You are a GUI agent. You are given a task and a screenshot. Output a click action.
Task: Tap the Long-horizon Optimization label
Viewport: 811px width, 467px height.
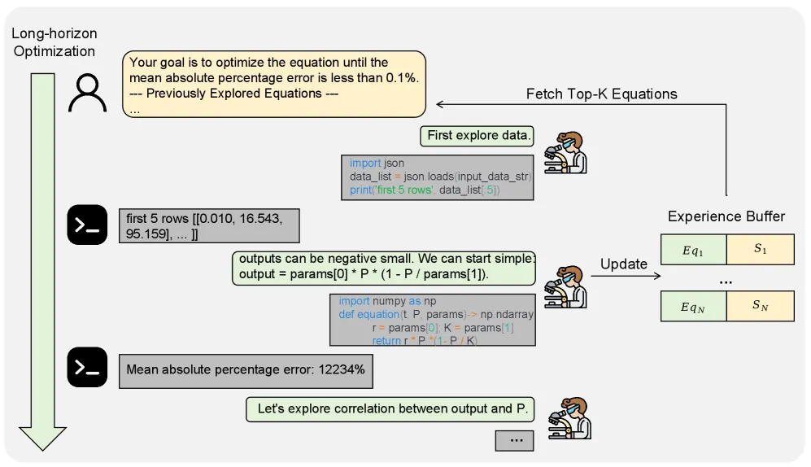(54, 43)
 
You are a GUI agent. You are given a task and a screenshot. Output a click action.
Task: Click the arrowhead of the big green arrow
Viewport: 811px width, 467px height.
(42, 437)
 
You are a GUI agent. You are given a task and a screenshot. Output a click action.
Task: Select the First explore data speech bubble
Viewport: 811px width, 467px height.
(477, 136)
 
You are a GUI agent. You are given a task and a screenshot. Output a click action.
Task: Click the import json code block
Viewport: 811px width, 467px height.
(438, 177)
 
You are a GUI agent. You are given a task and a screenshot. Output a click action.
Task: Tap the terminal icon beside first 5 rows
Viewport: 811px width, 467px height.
(87, 225)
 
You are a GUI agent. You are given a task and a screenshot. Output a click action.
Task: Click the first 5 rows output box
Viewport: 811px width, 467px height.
(208, 225)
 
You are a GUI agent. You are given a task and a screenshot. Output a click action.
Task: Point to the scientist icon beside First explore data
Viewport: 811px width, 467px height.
(564, 151)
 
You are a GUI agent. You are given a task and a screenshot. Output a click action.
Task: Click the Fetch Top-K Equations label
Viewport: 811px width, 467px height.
(601, 94)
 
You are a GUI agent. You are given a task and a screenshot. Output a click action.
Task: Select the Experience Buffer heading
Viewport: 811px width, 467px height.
(726, 216)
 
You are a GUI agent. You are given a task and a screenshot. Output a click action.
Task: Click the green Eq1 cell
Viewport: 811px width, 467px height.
(693, 250)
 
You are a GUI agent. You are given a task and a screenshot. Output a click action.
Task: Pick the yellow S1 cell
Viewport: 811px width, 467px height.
(760, 250)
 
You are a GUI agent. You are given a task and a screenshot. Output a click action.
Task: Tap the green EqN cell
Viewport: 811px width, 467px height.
(693, 307)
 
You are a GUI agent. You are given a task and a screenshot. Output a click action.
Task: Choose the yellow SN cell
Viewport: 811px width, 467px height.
(760, 307)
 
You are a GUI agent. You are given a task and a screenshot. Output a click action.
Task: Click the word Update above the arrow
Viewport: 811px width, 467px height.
(623, 264)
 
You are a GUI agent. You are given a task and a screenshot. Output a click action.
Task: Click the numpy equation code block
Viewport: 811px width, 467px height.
(432, 320)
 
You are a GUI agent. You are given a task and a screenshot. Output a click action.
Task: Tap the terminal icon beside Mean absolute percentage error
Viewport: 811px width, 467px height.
(87, 368)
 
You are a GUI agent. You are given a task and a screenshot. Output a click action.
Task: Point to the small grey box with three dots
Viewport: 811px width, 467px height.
(515, 439)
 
